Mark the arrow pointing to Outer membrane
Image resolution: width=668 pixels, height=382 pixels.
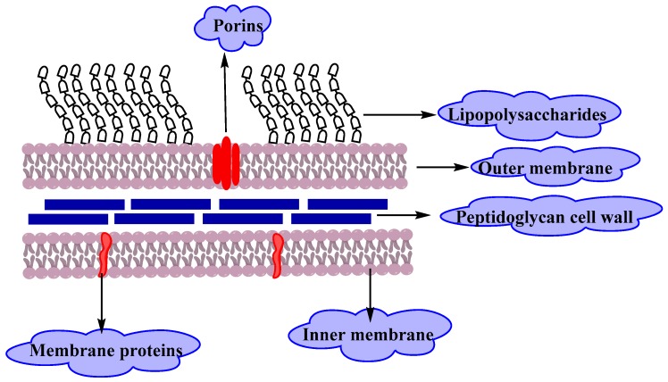point(442,167)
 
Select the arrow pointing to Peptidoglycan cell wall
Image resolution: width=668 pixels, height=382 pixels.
point(406,215)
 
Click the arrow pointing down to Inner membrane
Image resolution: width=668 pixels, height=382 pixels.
point(370,290)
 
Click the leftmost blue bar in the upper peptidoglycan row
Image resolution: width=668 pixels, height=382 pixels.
point(84,204)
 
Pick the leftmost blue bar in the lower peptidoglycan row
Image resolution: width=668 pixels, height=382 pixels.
point(68,218)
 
